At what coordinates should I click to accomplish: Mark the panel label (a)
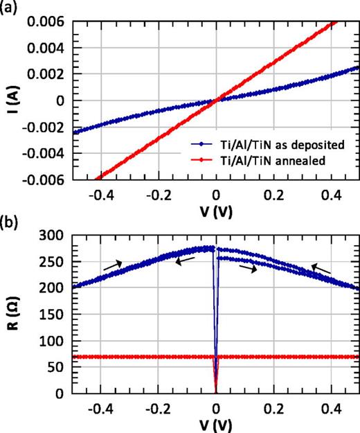coord(10,8)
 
